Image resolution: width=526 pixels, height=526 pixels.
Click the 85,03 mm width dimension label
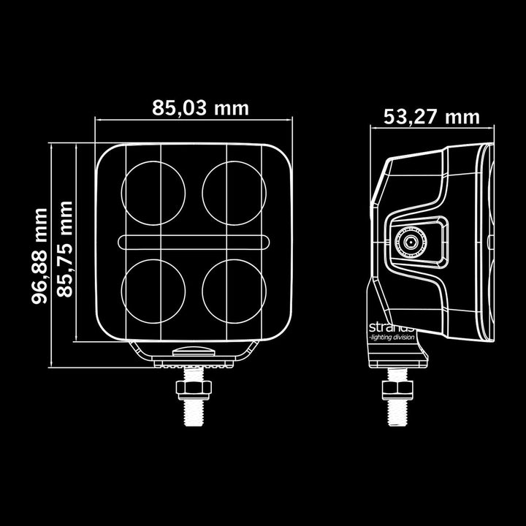(x=200, y=108)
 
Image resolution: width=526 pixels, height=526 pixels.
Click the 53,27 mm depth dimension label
(x=431, y=116)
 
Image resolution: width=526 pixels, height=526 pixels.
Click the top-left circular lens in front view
(x=153, y=194)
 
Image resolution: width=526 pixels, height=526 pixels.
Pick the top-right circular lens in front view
(x=234, y=194)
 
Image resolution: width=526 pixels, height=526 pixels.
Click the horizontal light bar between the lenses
(x=194, y=242)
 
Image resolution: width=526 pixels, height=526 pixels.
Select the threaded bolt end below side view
(x=397, y=411)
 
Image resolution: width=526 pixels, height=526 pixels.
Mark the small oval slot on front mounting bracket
(x=194, y=351)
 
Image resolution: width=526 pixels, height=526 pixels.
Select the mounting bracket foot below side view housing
(x=397, y=357)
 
